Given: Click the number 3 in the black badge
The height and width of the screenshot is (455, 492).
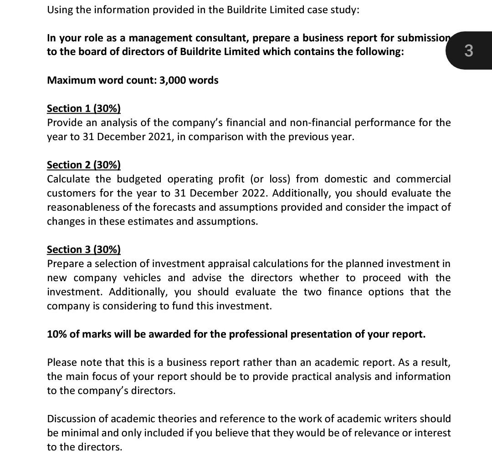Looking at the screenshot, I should tap(469, 51).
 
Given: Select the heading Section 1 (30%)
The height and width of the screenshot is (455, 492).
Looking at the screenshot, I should tap(84, 108).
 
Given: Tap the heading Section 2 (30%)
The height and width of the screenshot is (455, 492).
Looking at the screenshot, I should tap(84, 165).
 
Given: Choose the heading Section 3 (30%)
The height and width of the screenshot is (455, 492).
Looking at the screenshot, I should tap(84, 249).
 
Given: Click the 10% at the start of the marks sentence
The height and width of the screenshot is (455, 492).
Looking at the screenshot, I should tap(57, 334).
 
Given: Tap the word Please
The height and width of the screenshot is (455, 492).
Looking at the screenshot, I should tap(61, 362).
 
